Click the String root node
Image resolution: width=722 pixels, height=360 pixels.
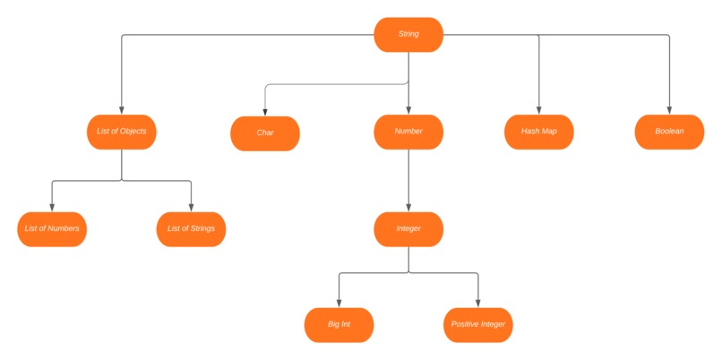[x=408, y=35]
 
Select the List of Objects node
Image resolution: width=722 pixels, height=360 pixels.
[x=121, y=132]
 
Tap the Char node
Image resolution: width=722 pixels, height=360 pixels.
[x=265, y=133]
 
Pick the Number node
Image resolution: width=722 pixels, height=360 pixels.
[x=408, y=132]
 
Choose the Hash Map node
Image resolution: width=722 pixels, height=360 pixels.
[x=538, y=132]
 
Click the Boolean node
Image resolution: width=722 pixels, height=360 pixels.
[x=668, y=132]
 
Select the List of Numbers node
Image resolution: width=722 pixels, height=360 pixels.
[x=52, y=229]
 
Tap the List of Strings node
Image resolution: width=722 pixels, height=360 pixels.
[x=191, y=229]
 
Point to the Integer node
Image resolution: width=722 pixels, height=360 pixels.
[x=408, y=229]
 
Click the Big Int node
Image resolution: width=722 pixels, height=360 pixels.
[x=339, y=324]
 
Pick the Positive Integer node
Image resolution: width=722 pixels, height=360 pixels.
[x=478, y=324]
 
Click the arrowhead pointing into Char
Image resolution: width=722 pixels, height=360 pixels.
[x=265, y=110]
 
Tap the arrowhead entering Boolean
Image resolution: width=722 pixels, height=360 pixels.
[x=668, y=109]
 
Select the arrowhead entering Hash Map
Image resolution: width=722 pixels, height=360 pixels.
[x=538, y=109]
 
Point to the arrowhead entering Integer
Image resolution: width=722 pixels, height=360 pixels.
[x=408, y=207]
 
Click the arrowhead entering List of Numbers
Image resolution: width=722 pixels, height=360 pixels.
[x=52, y=207]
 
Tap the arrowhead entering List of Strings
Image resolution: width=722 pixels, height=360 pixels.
[x=191, y=207]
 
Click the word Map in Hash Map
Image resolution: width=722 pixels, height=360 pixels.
[x=548, y=132]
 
